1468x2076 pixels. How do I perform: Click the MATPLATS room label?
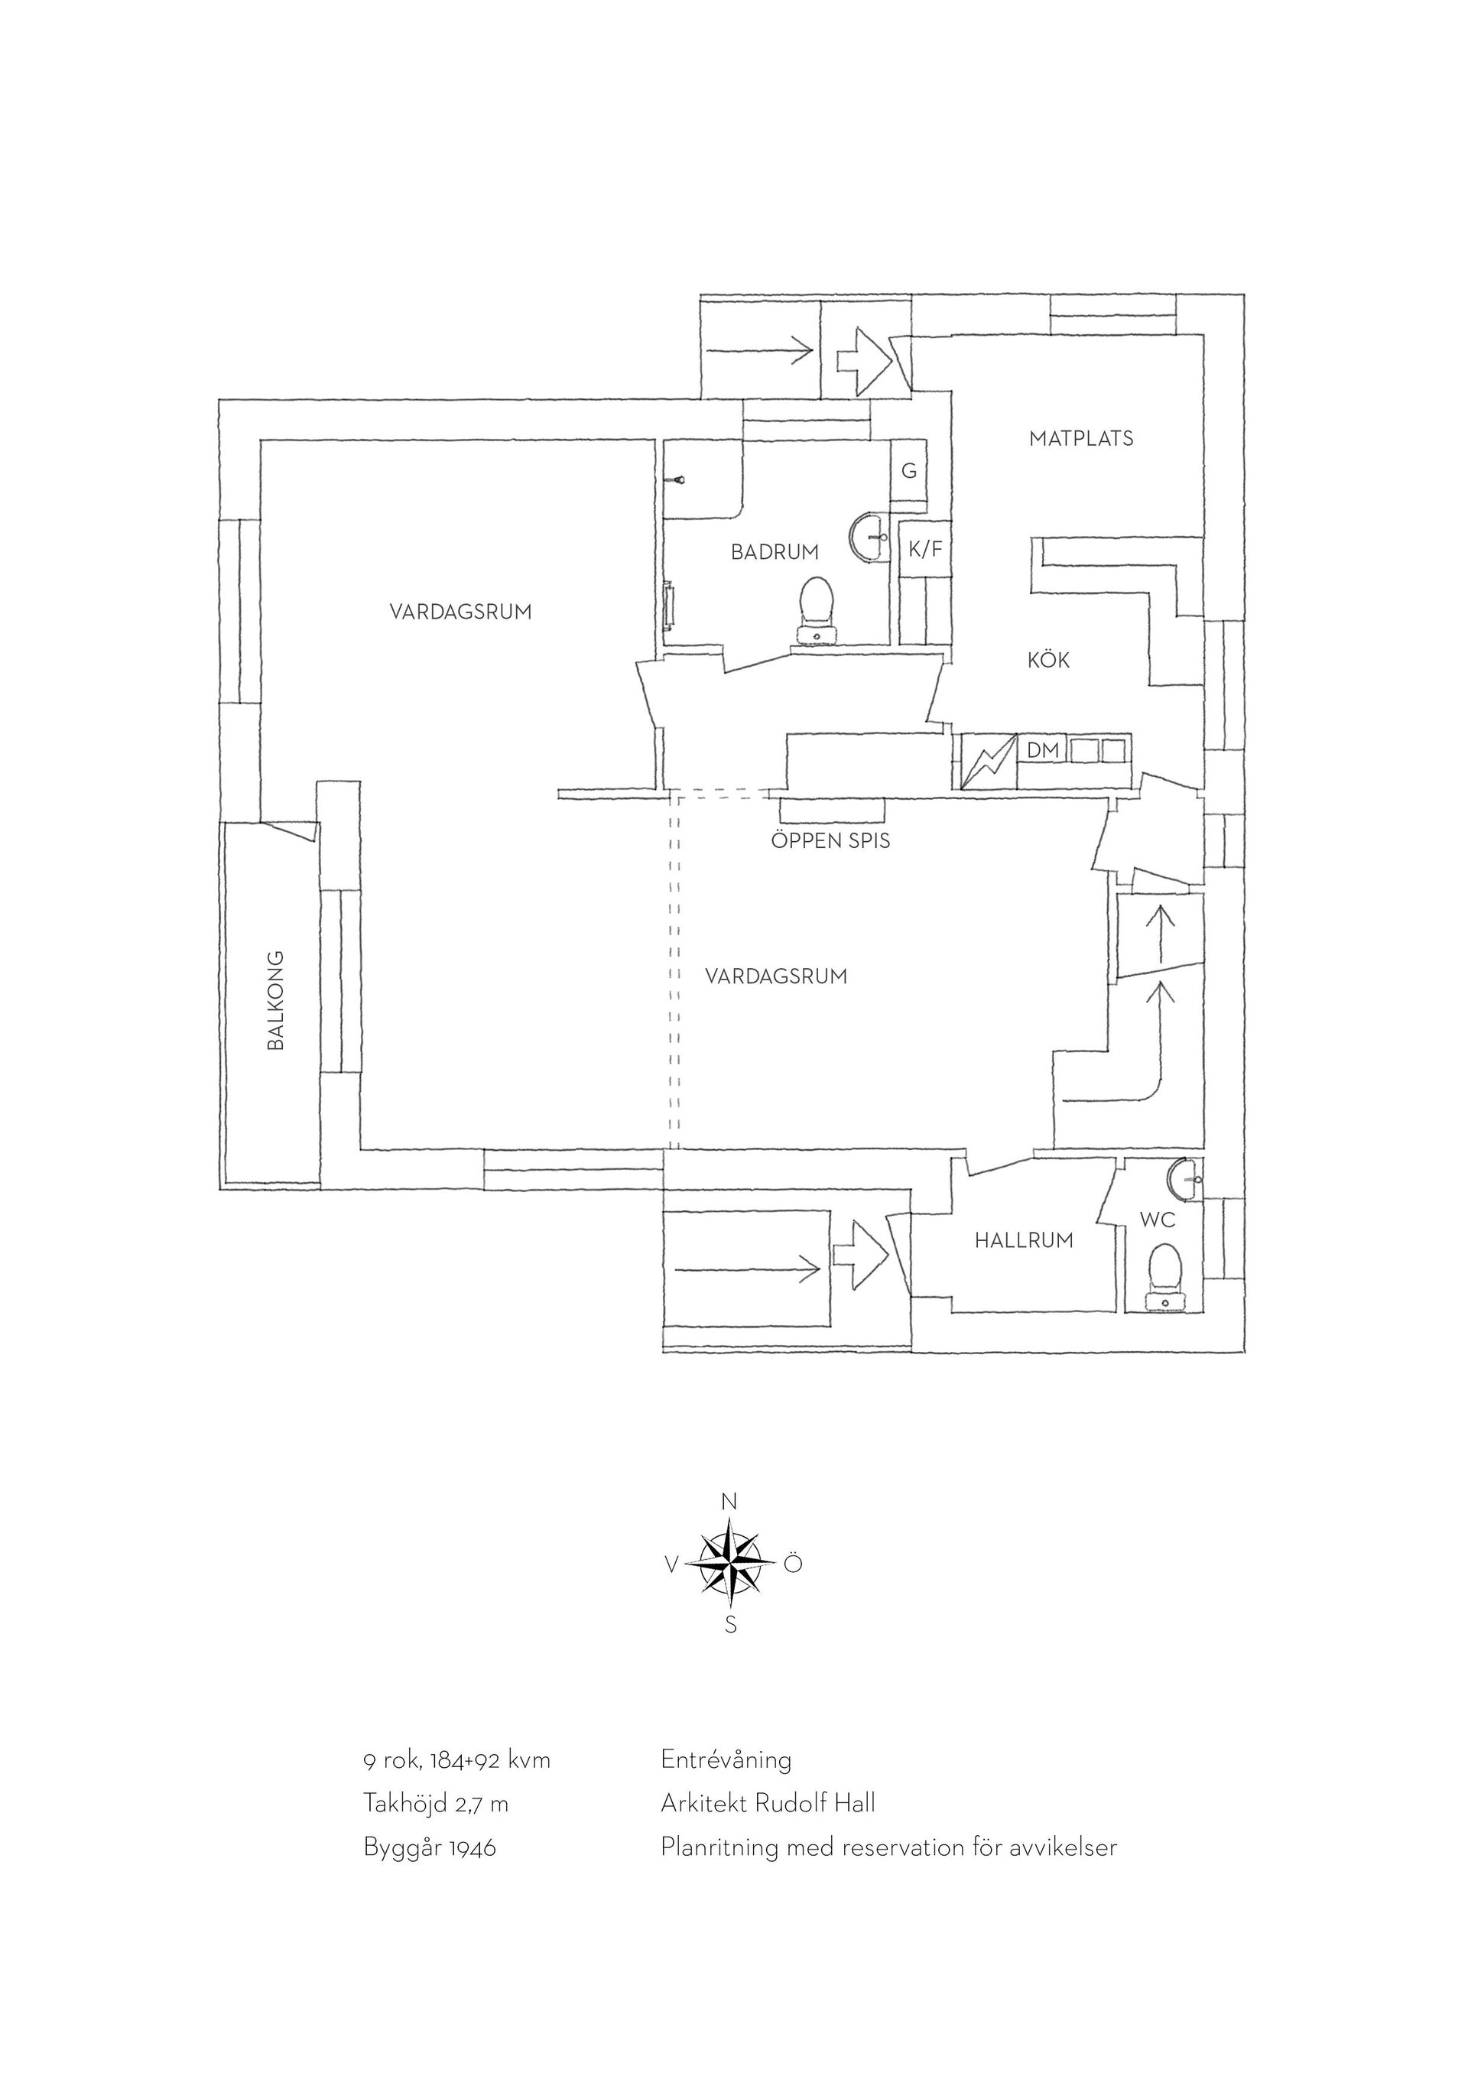(x=1081, y=439)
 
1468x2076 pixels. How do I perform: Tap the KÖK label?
(x=1048, y=660)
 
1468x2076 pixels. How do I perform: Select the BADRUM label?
(x=775, y=551)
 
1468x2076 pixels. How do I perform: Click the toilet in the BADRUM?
(x=817, y=610)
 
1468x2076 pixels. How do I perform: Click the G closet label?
(x=909, y=470)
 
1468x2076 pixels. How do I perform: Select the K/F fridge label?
(x=924, y=549)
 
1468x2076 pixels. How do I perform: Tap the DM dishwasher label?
(x=1043, y=749)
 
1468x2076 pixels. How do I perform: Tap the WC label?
(x=1157, y=1220)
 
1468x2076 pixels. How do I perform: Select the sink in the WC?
(x=1184, y=1176)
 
